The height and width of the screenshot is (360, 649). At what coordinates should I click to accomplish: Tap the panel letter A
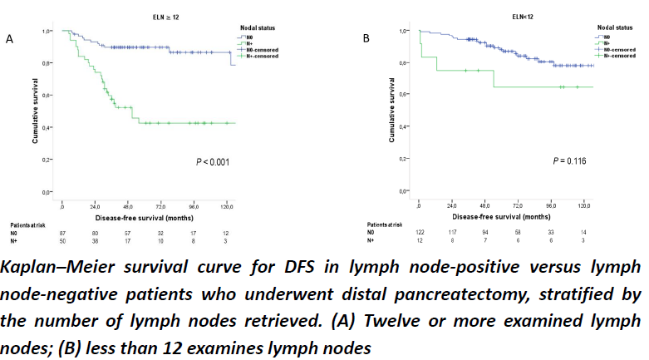pyautogui.click(x=9, y=39)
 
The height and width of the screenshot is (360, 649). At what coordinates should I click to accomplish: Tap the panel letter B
pyautogui.click(x=366, y=38)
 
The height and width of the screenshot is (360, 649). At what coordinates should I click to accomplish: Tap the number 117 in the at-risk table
pyautogui.click(x=451, y=233)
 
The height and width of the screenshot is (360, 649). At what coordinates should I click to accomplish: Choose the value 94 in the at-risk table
pyautogui.click(x=484, y=233)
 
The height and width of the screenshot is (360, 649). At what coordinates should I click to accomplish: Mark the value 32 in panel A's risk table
pyautogui.click(x=161, y=233)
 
